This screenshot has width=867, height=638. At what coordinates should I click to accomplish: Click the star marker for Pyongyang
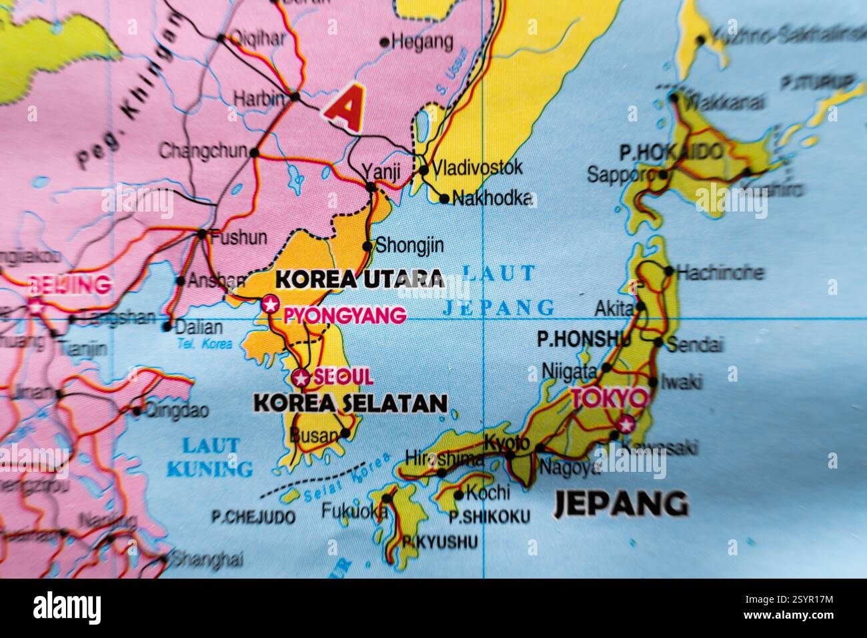point(270,304)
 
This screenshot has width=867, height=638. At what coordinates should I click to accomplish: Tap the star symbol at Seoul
point(301,378)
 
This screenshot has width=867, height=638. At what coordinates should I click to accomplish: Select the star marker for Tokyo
point(626,423)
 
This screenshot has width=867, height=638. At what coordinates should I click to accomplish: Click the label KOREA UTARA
point(359,278)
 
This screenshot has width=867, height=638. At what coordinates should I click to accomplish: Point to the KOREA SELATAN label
point(350,403)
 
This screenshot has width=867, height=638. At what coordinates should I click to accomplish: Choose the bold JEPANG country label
point(621,504)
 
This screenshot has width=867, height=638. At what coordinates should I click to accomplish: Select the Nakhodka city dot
point(444,198)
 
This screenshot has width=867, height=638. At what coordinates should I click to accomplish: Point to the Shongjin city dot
point(367,246)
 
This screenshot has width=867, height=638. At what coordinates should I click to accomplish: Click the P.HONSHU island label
point(584,340)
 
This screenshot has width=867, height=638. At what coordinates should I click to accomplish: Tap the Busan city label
point(314,436)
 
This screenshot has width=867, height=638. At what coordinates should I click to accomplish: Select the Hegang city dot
point(384,42)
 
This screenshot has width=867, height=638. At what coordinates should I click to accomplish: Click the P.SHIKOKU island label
point(490,517)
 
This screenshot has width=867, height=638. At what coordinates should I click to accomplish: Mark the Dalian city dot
point(167,327)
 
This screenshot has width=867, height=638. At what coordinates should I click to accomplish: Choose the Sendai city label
point(695,345)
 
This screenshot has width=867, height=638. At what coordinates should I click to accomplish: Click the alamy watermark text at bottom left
point(67,608)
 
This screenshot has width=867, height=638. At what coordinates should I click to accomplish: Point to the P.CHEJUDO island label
point(253,517)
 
